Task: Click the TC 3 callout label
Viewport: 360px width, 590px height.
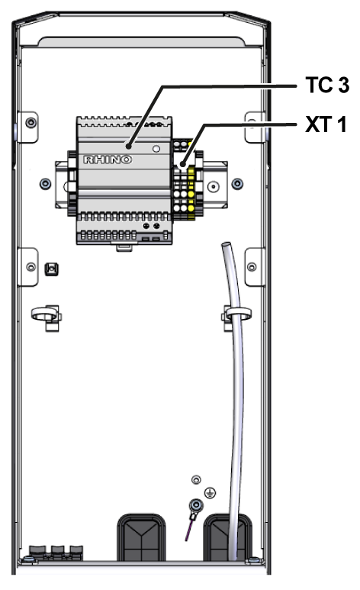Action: point(327,85)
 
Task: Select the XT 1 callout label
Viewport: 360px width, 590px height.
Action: point(326,124)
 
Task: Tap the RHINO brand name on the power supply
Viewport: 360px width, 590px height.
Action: point(108,160)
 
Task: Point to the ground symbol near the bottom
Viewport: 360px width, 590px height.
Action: point(210,492)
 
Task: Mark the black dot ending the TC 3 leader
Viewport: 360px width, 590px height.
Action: point(129,146)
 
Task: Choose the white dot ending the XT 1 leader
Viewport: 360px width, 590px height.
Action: point(182,164)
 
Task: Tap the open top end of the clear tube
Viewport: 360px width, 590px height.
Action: point(225,245)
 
